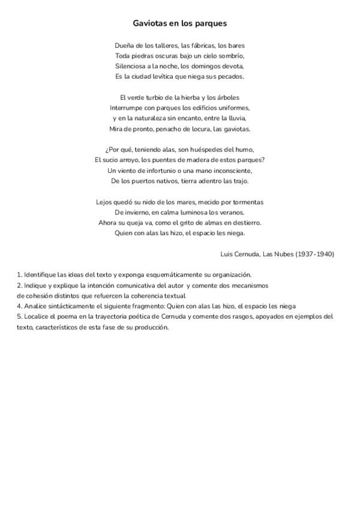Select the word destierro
tap(245, 223)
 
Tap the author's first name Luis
tap(227, 254)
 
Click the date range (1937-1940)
tap(315, 254)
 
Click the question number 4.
tap(19, 306)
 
